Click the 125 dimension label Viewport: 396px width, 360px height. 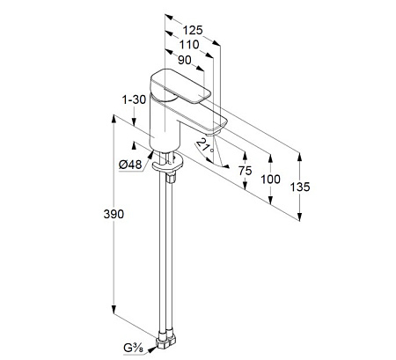click(x=193, y=30)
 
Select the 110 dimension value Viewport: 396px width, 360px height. click(x=189, y=45)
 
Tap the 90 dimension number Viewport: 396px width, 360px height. click(x=185, y=60)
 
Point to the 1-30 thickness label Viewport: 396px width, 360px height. click(x=134, y=99)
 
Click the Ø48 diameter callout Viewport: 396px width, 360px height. click(x=130, y=165)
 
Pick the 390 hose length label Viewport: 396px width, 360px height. click(x=114, y=214)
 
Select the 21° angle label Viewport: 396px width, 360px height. click(x=206, y=146)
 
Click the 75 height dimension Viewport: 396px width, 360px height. click(x=245, y=171)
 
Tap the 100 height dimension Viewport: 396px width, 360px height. click(x=270, y=179)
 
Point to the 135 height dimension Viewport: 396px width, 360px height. click(x=300, y=187)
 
